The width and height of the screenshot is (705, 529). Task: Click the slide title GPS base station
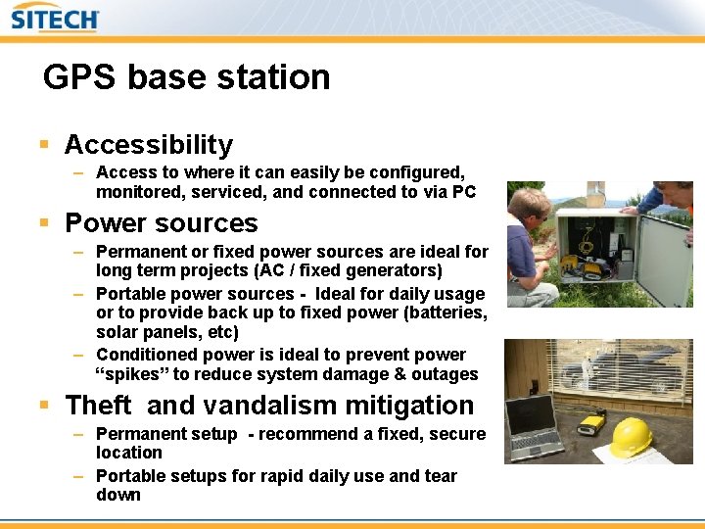(x=186, y=77)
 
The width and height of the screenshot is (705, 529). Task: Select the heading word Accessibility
(x=149, y=145)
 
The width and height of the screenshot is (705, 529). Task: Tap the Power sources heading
(x=161, y=223)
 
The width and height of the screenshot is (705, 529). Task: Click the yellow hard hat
(x=631, y=437)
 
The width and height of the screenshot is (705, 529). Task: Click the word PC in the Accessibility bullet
(x=463, y=192)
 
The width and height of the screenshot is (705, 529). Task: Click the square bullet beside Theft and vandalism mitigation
(x=44, y=406)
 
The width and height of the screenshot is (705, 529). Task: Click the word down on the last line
(x=117, y=495)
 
